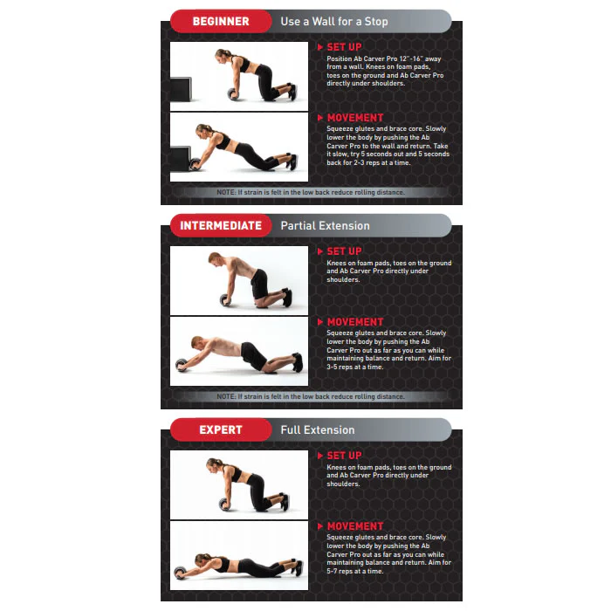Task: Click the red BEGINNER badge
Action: pos(221,21)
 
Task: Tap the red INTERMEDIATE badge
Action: pos(221,225)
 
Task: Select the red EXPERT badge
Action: pos(221,429)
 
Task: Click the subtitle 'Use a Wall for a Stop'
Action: pos(334,22)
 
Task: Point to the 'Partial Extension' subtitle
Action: pos(325,225)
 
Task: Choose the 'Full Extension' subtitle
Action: pos(318,429)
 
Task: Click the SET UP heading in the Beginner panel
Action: pos(344,47)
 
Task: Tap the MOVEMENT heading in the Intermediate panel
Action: pos(355,322)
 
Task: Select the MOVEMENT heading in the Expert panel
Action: pos(355,526)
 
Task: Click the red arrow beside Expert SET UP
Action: pos(320,456)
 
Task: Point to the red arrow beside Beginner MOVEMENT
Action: pos(320,118)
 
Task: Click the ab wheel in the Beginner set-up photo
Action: pos(234,94)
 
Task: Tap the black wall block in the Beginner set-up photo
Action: pos(181,89)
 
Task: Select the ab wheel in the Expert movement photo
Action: pos(182,572)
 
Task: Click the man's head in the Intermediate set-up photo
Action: pos(215,258)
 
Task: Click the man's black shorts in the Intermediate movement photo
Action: pos(254,354)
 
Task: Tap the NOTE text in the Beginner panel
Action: pos(311,192)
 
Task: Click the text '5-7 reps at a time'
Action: pos(355,571)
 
